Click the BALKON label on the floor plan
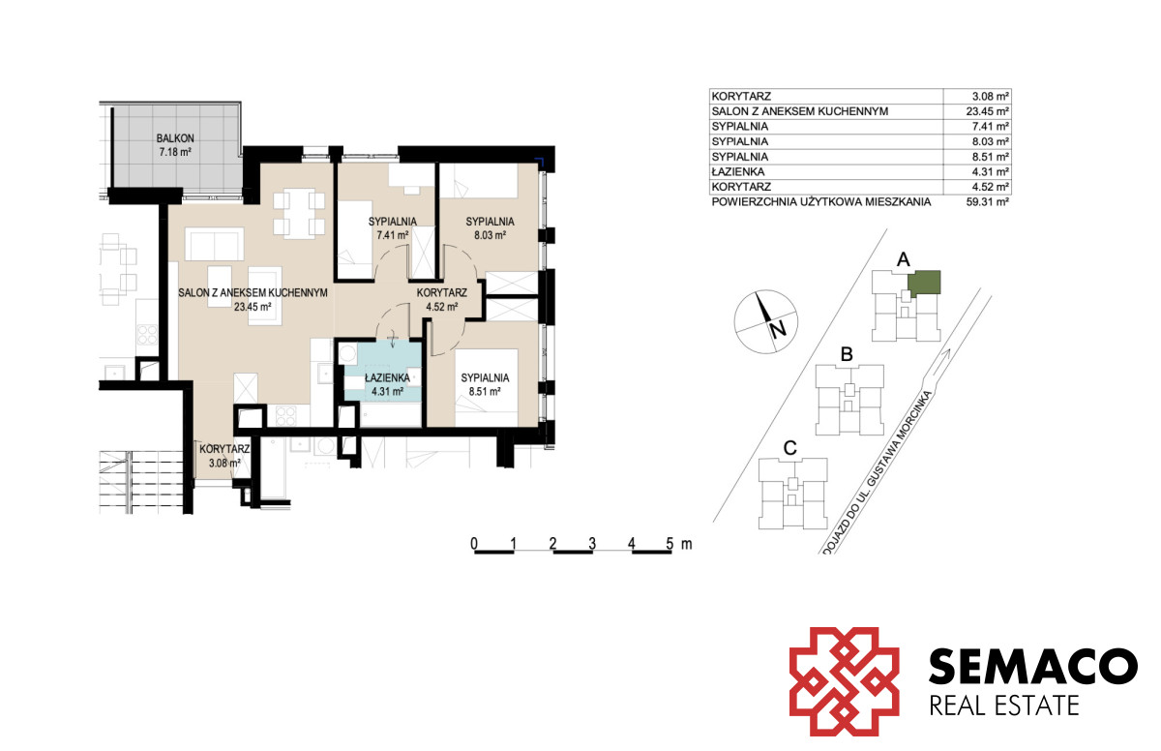click(x=175, y=138)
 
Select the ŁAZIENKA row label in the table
click(x=738, y=171)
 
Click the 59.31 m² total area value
click(x=988, y=201)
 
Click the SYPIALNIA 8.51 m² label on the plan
click(x=485, y=384)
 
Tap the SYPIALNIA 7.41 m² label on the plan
click(x=393, y=228)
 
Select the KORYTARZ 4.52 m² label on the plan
click(x=441, y=300)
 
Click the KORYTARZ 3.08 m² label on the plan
click(x=224, y=456)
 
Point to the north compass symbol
click(x=765, y=322)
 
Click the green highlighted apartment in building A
click(x=924, y=283)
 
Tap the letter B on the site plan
click(x=847, y=354)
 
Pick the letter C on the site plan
click(x=789, y=448)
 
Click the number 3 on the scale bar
click(x=592, y=543)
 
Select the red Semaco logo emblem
click(x=845, y=681)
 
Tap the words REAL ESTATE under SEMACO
click(x=1004, y=706)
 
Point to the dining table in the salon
click(x=299, y=213)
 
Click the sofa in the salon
click(x=214, y=244)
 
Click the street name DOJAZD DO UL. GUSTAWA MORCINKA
click(x=877, y=470)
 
